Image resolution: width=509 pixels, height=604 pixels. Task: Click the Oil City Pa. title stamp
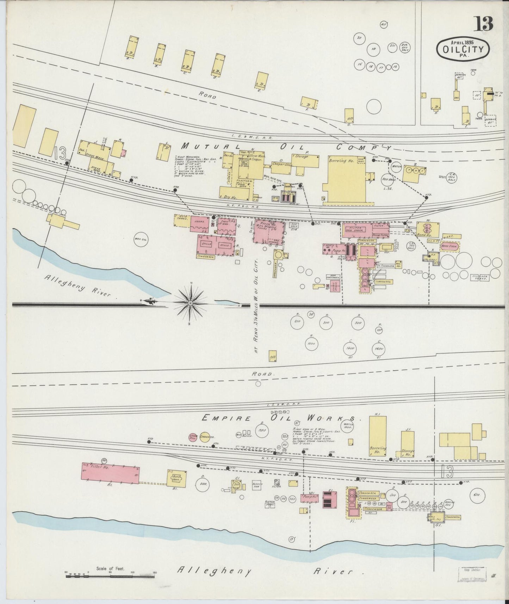point(463,49)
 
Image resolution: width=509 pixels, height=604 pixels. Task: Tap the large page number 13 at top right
point(485,24)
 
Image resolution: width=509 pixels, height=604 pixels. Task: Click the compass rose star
point(190,303)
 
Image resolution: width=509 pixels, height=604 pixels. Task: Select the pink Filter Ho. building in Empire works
point(110,473)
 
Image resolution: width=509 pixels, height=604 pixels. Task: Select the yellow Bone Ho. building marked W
point(428,229)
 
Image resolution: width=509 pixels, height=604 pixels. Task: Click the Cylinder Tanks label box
point(480,277)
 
